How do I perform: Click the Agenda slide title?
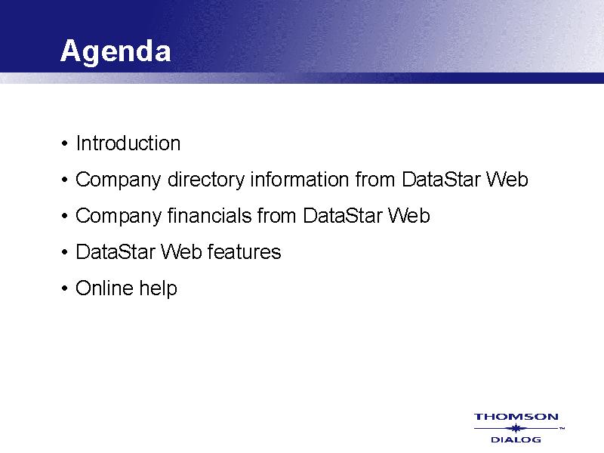click(x=116, y=51)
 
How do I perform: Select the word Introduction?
click(x=128, y=143)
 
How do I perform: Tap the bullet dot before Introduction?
click(x=64, y=144)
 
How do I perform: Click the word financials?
click(x=210, y=215)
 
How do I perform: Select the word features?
click(x=244, y=252)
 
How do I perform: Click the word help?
click(x=158, y=288)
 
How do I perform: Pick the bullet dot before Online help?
click(x=64, y=289)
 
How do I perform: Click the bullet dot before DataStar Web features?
click(x=64, y=253)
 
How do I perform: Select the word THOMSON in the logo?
click(x=516, y=417)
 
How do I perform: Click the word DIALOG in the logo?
click(x=516, y=439)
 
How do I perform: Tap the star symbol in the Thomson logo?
click(x=516, y=428)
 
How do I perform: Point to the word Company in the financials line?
click(x=119, y=216)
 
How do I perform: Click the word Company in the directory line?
click(x=119, y=180)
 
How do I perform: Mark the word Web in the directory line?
click(x=507, y=180)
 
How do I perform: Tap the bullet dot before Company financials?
click(x=64, y=217)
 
